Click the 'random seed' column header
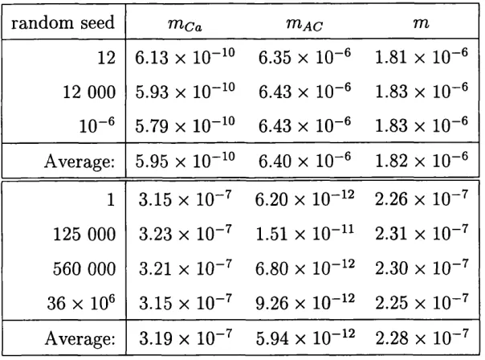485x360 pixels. point(63,22)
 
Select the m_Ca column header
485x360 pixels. point(185,25)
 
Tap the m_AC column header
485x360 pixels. point(304,24)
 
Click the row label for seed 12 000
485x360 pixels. point(89,92)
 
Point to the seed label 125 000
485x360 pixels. point(84,234)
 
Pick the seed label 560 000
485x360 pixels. point(84,268)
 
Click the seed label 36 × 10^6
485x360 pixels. point(81,302)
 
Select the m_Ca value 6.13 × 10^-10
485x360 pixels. point(185,56)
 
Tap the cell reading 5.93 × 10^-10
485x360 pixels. point(185,91)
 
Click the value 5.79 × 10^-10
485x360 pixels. point(185,125)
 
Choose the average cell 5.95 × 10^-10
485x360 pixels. point(185,160)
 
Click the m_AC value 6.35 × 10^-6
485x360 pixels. point(304,56)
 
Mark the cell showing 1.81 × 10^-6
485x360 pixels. point(422,56)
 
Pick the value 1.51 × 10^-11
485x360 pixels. point(304,233)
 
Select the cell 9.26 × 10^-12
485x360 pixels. point(304,302)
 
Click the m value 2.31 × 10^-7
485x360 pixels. point(422,233)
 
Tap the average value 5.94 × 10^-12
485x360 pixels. point(305,337)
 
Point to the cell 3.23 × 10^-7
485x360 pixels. point(185,233)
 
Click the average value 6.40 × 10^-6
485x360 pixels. point(304,160)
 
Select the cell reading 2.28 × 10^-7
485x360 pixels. point(422,337)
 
